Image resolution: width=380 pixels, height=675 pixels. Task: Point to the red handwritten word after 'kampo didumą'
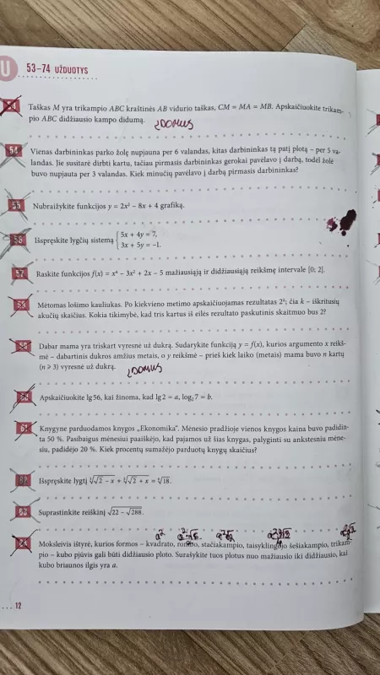tap(174, 125)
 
